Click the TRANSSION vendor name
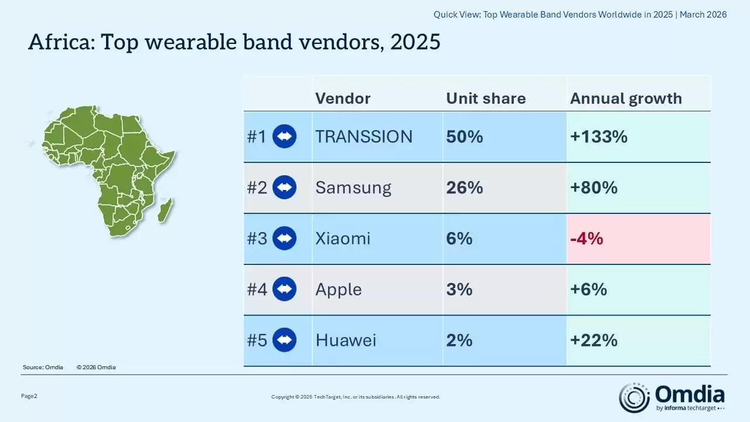pos(364,137)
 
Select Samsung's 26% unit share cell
pos(465,188)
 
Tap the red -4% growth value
pos(587,239)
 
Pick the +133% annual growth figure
pos(599,137)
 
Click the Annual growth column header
pos(626,98)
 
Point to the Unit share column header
pos(486,98)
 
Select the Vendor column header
pos(343,98)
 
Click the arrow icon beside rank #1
pos(285,137)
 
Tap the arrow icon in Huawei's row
pos(285,340)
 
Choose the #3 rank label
pos(257,239)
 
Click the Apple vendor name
pos(339,290)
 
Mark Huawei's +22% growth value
pos(594,340)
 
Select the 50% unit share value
pos(465,137)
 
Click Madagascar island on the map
pos(166,209)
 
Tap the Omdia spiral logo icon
pos(635,397)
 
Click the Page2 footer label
pos(29,396)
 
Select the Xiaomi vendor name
pos(343,239)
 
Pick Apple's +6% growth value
pos(588,290)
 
